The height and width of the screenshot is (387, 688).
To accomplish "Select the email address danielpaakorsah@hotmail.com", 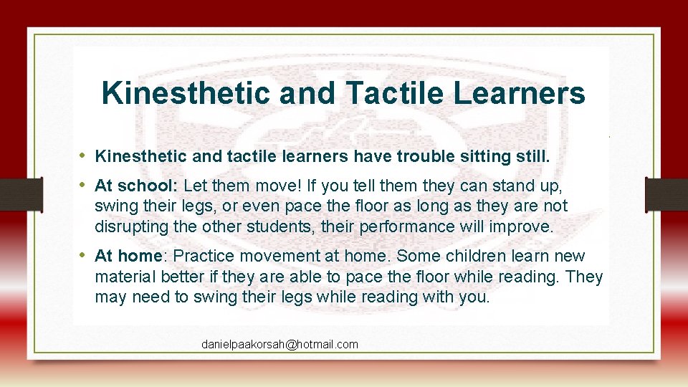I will [x=279, y=345].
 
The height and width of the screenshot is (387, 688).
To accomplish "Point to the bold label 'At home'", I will [x=130, y=256].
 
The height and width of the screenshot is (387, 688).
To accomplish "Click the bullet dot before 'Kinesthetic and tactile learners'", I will [x=83, y=156].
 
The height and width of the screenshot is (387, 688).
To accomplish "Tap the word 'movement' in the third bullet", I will [x=273, y=256].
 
